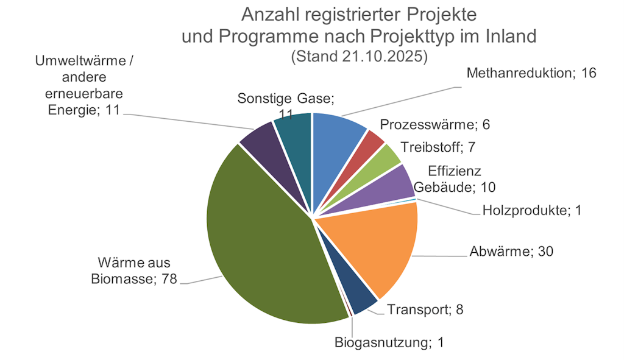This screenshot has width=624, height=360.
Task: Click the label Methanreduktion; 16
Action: pyautogui.click(x=531, y=74)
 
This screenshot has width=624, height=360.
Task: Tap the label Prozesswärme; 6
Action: pyautogui.click(x=435, y=125)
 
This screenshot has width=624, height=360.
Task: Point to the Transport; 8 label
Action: pyautogui.click(x=425, y=309)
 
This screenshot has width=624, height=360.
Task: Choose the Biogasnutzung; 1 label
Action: pyautogui.click(x=389, y=342)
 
